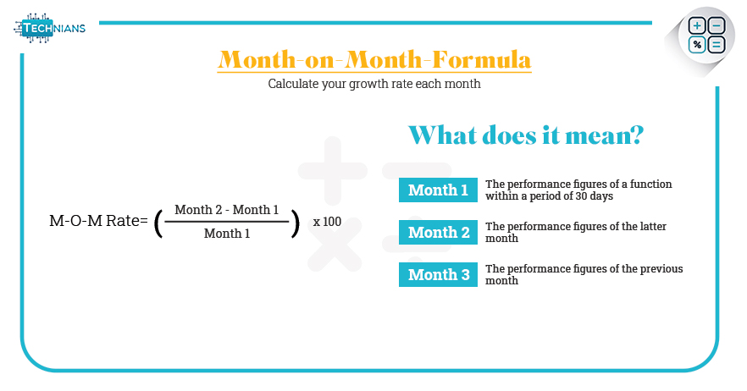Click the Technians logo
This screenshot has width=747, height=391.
pos(49,28)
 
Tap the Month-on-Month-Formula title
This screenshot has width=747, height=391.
pos(374,60)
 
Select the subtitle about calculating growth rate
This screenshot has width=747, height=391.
pos(374,84)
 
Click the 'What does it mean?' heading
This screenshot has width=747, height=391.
pos(526,135)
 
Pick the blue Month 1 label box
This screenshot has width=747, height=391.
pos(439,190)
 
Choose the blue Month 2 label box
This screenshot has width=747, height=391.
pos(439,233)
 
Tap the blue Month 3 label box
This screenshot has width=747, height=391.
pos(439,275)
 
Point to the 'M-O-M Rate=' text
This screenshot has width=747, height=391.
pos(98,221)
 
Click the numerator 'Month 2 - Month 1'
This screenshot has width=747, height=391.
pos(227,210)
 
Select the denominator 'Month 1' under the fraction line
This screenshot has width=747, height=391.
pos(227,234)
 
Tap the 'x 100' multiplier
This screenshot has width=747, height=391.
pos(327,222)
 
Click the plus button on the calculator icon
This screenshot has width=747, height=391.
pos(696,25)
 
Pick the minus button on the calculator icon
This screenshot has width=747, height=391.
pos(717,25)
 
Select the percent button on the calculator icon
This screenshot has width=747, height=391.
pos(696,45)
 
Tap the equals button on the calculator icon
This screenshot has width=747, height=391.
pos(717,45)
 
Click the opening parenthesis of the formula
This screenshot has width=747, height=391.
pos(158,223)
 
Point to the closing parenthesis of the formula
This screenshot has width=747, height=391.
pos(296,223)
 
